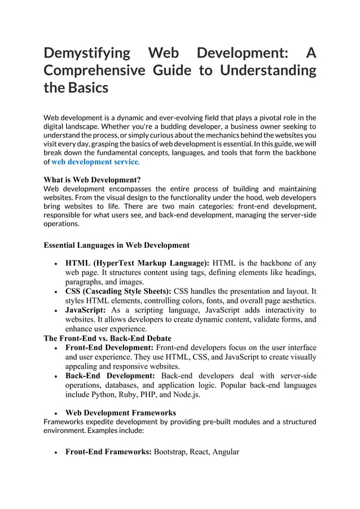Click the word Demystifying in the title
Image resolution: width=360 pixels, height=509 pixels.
[87, 54]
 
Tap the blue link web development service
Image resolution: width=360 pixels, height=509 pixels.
[95, 162]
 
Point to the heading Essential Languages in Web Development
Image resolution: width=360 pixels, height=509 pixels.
[116, 245]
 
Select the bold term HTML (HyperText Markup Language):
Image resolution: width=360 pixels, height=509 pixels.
[137, 263]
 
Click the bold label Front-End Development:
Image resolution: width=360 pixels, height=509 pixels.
[109, 348]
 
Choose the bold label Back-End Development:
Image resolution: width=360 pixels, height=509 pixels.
[110, 376]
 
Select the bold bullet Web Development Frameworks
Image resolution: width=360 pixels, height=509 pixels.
[121, 413]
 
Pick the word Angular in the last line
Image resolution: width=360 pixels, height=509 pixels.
[226, 451]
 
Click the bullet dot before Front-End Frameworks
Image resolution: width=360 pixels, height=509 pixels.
[54, 452]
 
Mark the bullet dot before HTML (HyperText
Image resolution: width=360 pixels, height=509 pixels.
[54, 264]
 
